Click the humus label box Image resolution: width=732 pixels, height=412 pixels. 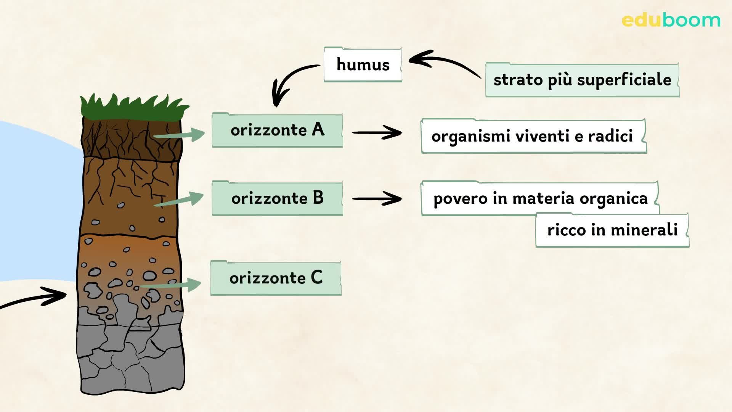click(x=363, y=64)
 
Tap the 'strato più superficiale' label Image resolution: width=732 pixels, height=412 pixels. click(x=582, y=80)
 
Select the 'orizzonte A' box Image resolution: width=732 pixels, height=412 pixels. click(x=277, y=130)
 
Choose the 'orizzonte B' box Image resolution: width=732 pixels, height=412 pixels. click(x=277, y=198)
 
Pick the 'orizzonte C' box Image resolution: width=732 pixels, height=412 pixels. click(x=276, y=278)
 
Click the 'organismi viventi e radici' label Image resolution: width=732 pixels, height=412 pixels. click(x=533, y=136)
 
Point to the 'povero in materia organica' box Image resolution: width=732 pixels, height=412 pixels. click(x=540, y=198)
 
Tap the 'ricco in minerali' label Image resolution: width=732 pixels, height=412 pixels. click(x=612, y=230)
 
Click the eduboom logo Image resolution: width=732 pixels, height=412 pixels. click(x=671, y=20)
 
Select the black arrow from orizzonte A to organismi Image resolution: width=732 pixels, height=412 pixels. click(x=377, y=133)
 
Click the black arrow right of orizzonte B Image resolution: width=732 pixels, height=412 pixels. click(x=377, y=199)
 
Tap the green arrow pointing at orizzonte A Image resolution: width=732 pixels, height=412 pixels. click(x=178, y=135)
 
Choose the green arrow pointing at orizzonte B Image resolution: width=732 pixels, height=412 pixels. click(x=178, y=200)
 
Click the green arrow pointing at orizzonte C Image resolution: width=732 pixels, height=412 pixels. click(x=170, y=285)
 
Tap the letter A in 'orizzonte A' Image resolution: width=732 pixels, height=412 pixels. click(x=318, y=130)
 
